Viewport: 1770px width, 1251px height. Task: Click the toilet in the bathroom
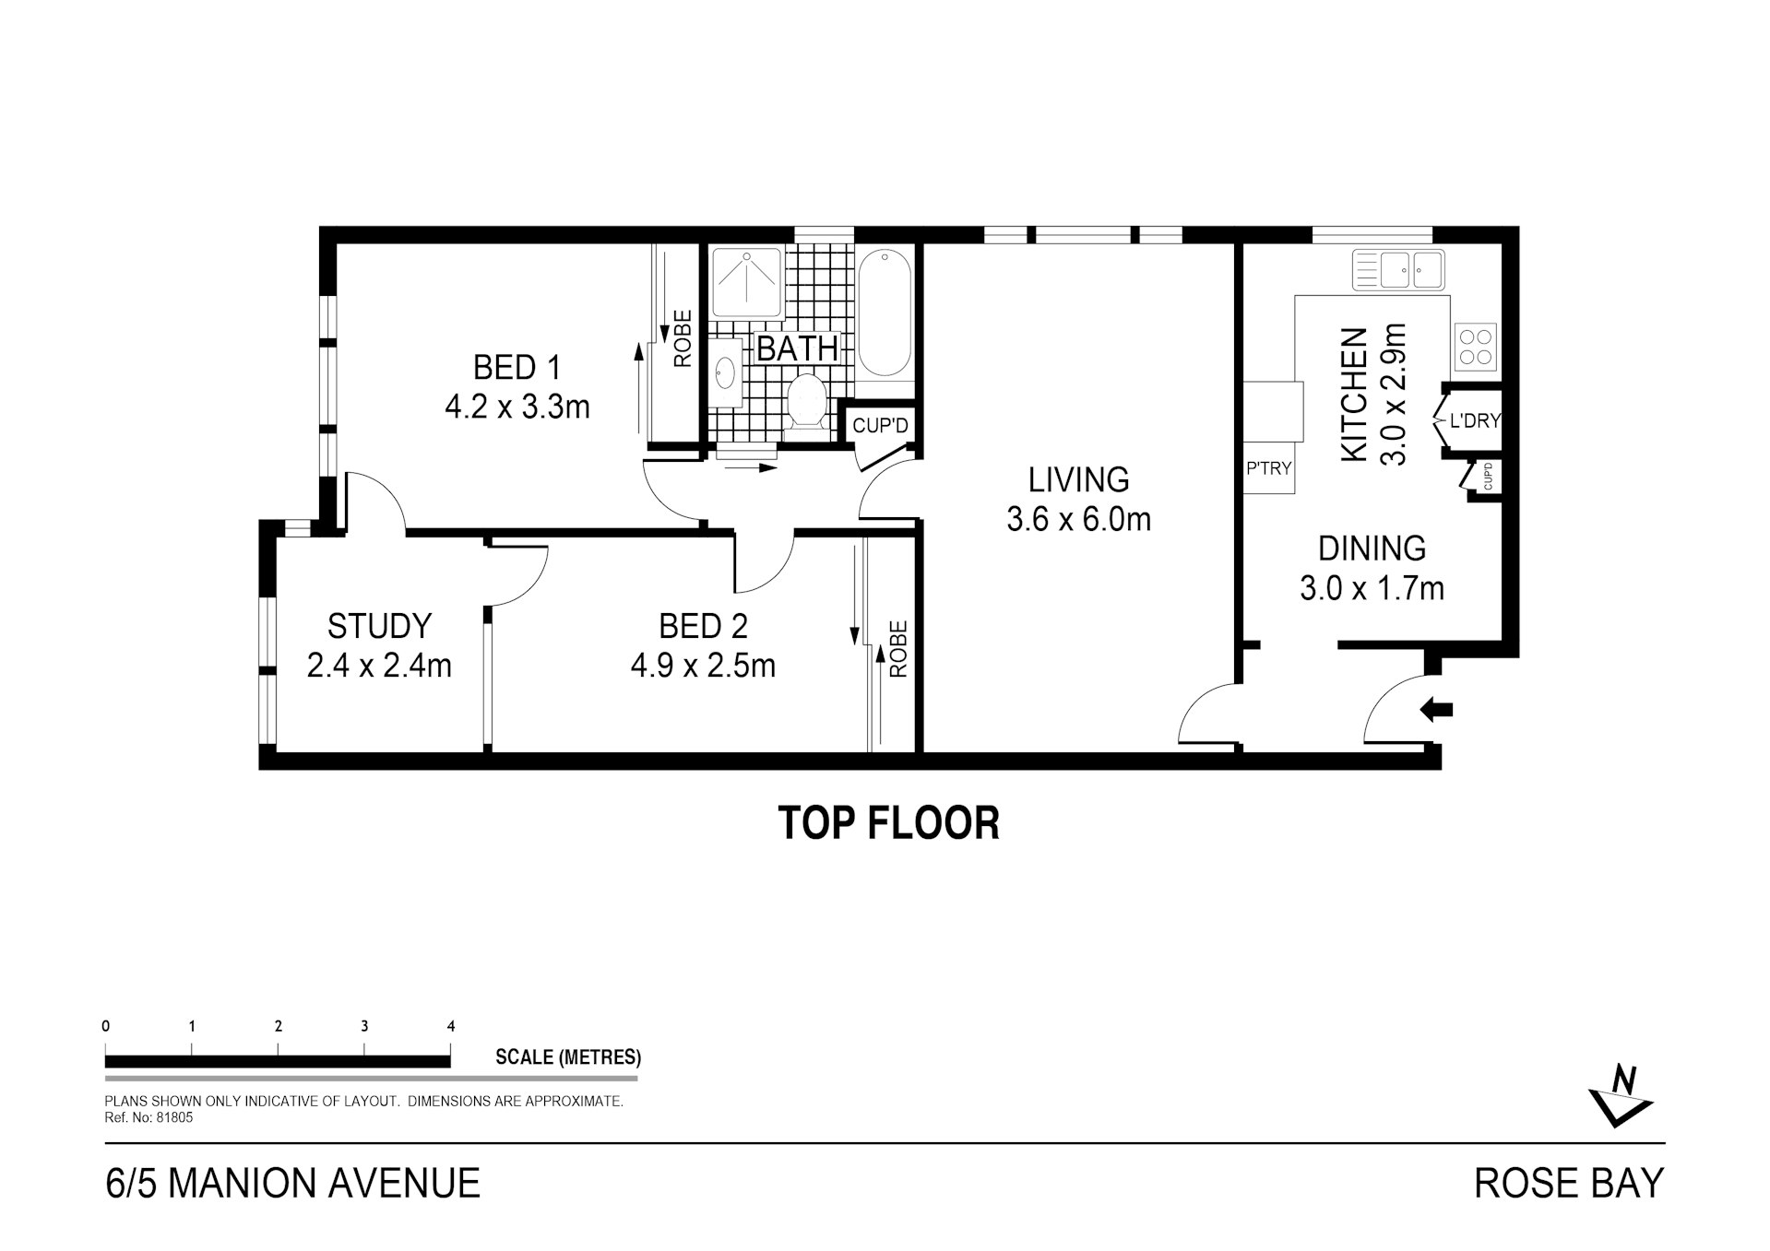click(807, 405)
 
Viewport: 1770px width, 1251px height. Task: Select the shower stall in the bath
click(747, 282)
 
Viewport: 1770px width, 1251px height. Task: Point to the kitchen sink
click(1398, 269)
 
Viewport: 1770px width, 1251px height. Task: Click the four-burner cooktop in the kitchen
click(1475, 346)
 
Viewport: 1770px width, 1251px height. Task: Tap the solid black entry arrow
click(1436, 710)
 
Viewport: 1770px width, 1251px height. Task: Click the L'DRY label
click(1476, 421)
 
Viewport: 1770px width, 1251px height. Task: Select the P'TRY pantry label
click(1269, 468)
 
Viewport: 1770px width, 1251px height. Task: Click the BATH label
click(797, 348)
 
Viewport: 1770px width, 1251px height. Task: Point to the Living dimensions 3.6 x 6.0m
click(1078, 520)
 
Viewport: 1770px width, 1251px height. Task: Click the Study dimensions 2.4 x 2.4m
click(379, 665)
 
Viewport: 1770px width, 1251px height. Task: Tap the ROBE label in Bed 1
click(683, 338)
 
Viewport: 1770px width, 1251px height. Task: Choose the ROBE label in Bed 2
click(899, 649)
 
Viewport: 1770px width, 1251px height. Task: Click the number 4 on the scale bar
click(451, 1026)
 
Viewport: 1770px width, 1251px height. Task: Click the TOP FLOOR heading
click(889, 822)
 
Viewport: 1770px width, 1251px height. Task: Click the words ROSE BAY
click(1569, 1183)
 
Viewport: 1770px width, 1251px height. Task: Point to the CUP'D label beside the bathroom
click(880, 426)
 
